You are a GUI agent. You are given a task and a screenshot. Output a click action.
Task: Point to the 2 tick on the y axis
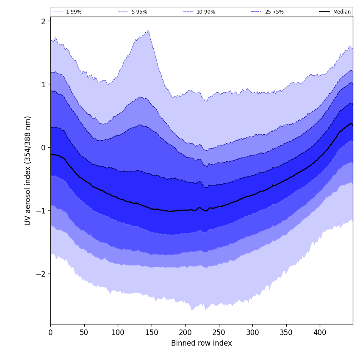click(x=43, y=21)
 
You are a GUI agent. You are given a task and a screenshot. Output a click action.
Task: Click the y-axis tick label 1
click(x=43, y=84)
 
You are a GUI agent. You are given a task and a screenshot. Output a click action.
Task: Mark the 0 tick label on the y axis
click(x=43, y=147)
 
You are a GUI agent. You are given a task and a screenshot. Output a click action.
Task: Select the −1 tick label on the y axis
click(x=42, y=210)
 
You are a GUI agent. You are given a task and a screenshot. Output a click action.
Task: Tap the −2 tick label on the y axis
click(x=42, y=274)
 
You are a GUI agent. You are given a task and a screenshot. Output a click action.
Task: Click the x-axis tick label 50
click(x=84, y=332)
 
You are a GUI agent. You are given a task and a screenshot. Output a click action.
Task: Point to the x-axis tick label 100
click(x=118, y=332)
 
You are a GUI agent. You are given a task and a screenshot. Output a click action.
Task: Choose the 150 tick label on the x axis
click(x=152, y=332)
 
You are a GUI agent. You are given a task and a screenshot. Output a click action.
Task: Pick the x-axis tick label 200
click(x=185, y=332)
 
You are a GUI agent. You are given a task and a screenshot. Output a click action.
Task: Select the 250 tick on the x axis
click(x=219, y=332)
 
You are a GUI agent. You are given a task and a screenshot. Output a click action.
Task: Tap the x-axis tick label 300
click(x=252, y=332)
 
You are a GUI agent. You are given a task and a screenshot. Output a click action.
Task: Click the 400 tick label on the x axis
click(x=320, y=332)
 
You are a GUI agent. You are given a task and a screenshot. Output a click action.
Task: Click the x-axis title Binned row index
click(x=202, y=343)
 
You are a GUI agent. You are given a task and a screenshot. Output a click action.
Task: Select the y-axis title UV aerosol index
click(x=28, y=170)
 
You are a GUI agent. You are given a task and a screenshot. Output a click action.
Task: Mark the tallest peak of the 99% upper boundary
click(x=148, y=30)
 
